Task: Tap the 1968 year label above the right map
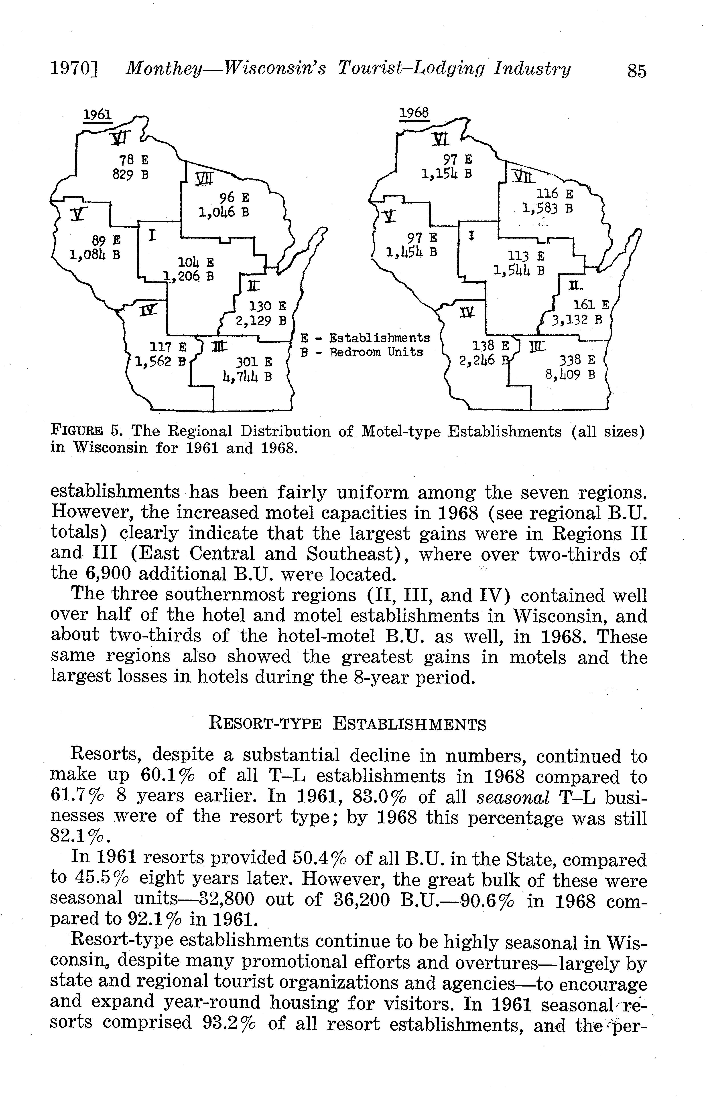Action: [414, 113]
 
